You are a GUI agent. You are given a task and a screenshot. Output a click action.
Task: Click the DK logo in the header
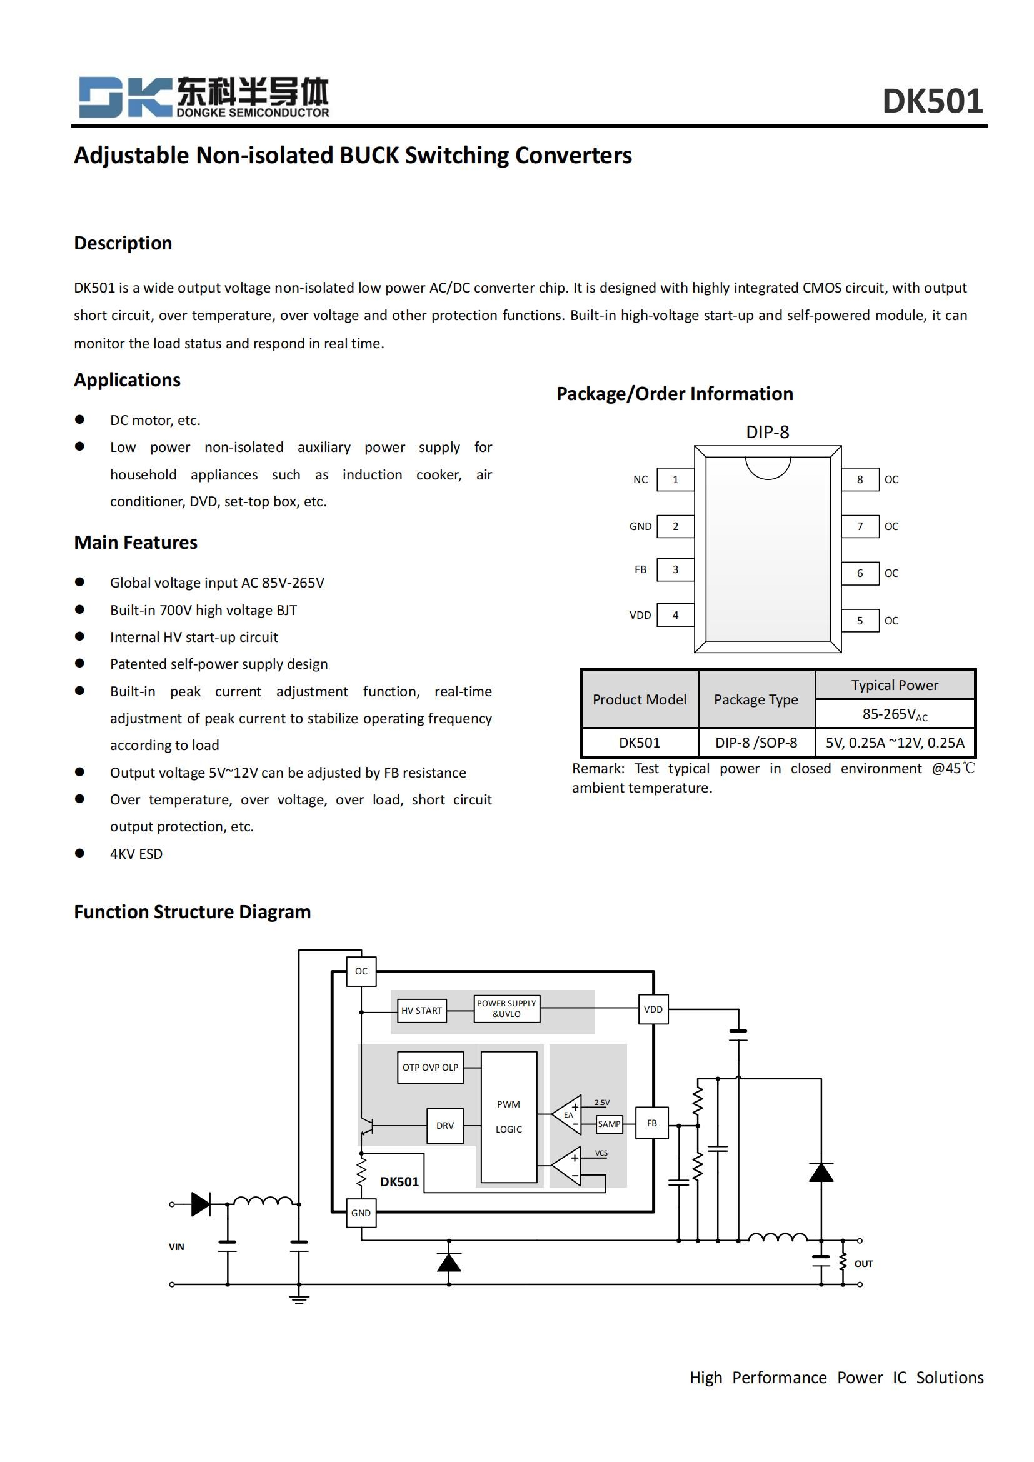coord(125,98)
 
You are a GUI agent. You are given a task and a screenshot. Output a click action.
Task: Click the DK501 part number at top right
coord(932,101)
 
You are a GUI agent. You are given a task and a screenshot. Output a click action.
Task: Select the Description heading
coord(123,243)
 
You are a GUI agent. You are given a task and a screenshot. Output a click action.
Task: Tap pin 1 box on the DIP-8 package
coord(675,479)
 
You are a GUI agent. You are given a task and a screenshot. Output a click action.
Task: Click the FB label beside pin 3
coord(640,569)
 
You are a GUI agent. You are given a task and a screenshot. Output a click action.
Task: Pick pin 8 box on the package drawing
coord(860,479)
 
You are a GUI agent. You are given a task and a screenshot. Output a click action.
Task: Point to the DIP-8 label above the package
coord(767,433)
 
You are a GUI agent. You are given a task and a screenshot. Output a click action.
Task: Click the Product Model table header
coord(640,699)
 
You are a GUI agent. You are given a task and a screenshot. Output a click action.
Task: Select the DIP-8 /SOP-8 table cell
coord(756,743)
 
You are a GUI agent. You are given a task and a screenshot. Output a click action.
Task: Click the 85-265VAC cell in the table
coord(895,714)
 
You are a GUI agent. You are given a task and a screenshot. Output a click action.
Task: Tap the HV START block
coord(421,1011)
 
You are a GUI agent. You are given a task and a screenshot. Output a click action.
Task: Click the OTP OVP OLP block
coord(430,1068)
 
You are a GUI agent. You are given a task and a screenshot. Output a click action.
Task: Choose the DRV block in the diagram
coord(445,1126)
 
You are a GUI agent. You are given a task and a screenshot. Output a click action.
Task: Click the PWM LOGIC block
coord(509,1117)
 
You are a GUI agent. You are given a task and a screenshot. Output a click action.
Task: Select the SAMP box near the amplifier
coord(609,1124)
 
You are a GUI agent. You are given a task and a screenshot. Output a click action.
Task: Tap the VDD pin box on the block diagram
coord(653,1009)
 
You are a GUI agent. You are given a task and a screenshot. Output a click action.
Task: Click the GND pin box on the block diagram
coord(361,1213)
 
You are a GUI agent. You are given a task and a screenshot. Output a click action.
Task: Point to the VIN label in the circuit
coord(176,1247)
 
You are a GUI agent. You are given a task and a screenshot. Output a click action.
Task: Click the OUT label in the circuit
coord(863,1263)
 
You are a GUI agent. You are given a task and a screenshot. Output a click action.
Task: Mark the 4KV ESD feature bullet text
coord(136,854)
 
